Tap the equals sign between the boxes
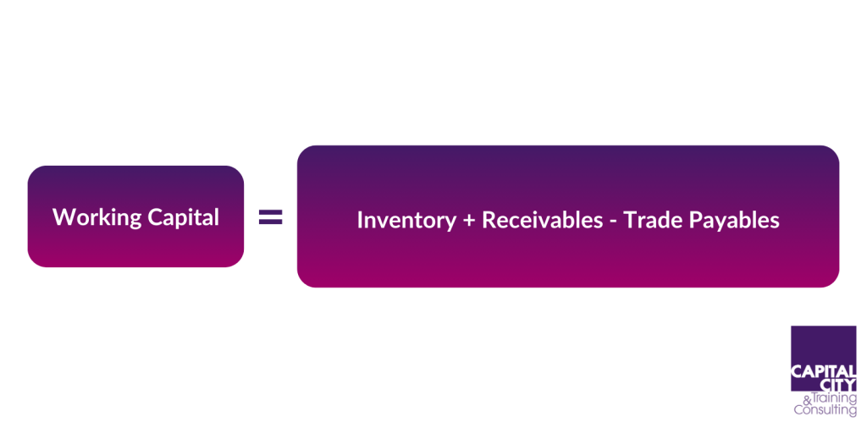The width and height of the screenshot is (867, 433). point(270,218)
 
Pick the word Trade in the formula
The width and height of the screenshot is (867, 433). point(650,221)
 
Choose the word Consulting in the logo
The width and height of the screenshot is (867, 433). point(825,410)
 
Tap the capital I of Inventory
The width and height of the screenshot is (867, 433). point(360,221)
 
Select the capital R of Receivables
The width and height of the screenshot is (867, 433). point(489,221)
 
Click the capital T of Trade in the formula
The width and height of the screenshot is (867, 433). point(630,221)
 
